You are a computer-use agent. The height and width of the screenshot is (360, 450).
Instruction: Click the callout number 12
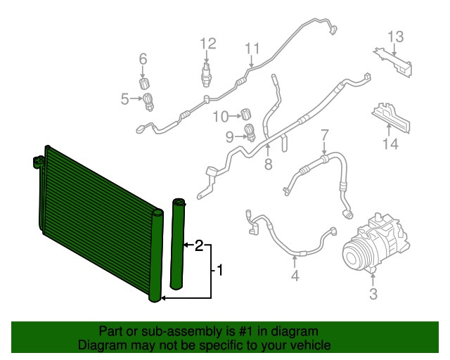click(x=208, y=44)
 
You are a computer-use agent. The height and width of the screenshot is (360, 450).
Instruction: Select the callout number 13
click(x=396, y=37)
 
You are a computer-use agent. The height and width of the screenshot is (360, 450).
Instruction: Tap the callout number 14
click(x=390, y=143)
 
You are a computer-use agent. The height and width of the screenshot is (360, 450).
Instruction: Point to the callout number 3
click(x=373, y=293)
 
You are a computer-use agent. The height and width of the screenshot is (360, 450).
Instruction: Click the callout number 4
click(x=295, y=276)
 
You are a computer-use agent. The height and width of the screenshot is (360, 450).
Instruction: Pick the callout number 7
click(x=324, y=135)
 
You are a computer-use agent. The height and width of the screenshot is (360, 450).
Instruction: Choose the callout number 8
click(x=268, y=165)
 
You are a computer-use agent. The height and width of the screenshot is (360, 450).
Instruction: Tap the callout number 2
click(x=199, y=245)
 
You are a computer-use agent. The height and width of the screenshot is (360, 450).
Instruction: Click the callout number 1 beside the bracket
click(x=219, y=271)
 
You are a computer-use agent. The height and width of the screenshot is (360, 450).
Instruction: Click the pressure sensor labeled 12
click(x=206, y=75)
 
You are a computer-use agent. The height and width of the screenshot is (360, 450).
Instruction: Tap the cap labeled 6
click(x=144, y=83)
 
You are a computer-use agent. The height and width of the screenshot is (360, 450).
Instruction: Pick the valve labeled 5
click(x=148, y=102)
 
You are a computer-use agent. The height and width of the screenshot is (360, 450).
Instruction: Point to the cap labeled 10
click(x=246, y=114)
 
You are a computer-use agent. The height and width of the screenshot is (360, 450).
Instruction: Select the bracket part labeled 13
click(x=394, y=63)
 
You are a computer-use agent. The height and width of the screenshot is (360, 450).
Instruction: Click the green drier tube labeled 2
click(x=179, y=244)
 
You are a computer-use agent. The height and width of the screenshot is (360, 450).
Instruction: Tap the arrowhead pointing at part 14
click(x=389, y=126)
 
